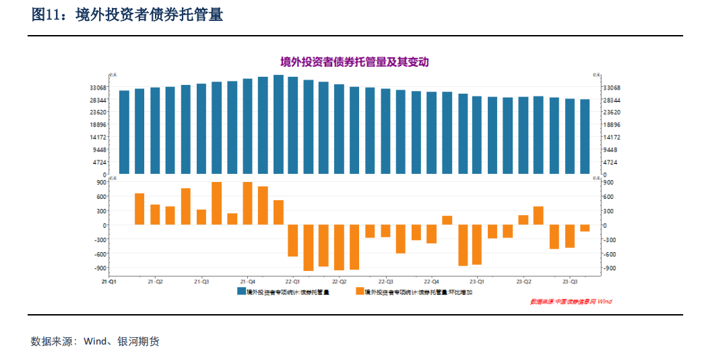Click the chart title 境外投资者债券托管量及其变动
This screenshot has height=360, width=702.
point(354,62)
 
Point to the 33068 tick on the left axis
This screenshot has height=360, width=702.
point(98,88)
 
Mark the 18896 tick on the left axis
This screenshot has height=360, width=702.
point(98,125)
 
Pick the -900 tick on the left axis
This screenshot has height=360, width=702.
point(100,268)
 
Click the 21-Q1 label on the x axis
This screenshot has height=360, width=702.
point(108,281)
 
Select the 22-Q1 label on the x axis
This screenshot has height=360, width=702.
point(293,281)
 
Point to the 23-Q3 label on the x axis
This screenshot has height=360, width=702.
point(570,281)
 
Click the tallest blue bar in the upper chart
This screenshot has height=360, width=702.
point(278,124)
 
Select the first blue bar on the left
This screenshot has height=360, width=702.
point(124,132)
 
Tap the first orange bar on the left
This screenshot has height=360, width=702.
point(139,209)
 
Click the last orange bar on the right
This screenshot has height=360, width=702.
point(585,228)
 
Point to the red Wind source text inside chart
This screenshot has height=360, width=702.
point(571,301)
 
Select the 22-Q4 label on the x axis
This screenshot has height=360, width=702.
point(431,281)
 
